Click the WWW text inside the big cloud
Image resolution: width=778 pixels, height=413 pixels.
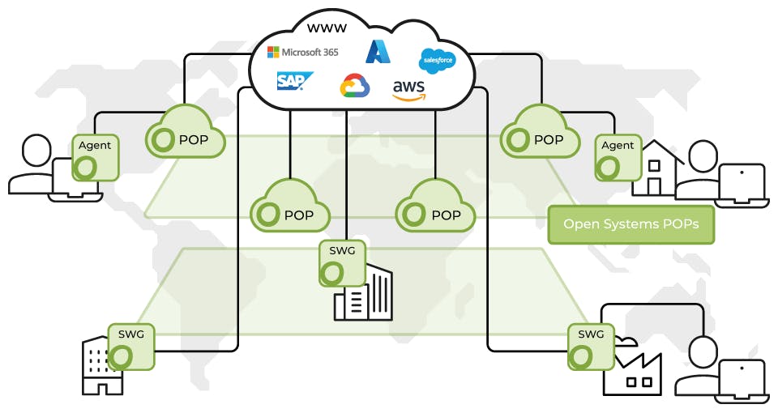coord(327,28)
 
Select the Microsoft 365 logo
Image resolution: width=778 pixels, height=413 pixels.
coord(303,53)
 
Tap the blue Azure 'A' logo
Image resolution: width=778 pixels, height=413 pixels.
coord(378,51)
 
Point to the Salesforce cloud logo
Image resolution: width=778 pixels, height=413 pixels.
coord(438,60)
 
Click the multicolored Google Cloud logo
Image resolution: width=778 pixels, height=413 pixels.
coord(355,85)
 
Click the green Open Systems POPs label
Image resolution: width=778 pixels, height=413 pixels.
coord(631,224)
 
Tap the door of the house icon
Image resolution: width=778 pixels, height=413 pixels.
coord(654,186)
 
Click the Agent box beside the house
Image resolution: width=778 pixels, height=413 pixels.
coord(618,157)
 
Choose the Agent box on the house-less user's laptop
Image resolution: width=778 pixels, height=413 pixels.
coord(96,157)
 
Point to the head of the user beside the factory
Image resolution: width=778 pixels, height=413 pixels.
coord(702,351)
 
